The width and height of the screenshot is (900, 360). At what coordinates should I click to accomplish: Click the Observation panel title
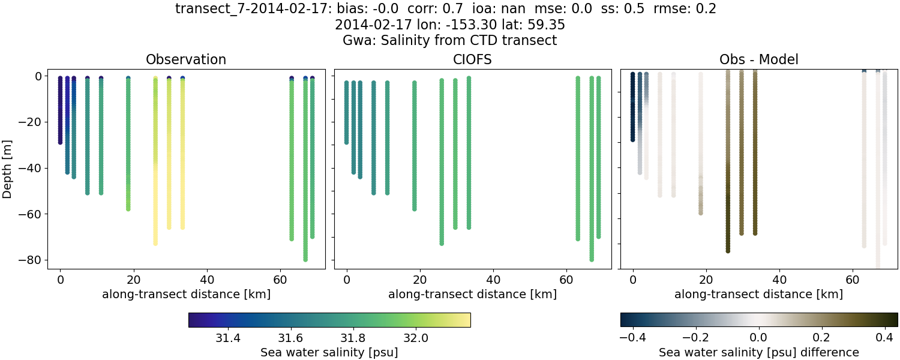coord(186,59)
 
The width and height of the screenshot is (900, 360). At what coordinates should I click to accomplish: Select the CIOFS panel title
coord(472,59)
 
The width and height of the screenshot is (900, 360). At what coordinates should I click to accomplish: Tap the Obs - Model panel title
coord(758,59)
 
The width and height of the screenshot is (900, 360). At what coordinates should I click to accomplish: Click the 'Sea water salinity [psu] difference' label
coord(758,352)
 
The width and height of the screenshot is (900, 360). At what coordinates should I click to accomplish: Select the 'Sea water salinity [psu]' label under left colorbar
coord(329,352)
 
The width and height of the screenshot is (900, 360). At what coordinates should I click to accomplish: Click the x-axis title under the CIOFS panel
coord(472,295)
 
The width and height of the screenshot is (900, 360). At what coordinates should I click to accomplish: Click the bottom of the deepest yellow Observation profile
coord(155,243)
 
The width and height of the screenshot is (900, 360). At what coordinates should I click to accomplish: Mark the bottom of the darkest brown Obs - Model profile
coord(728,251)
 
